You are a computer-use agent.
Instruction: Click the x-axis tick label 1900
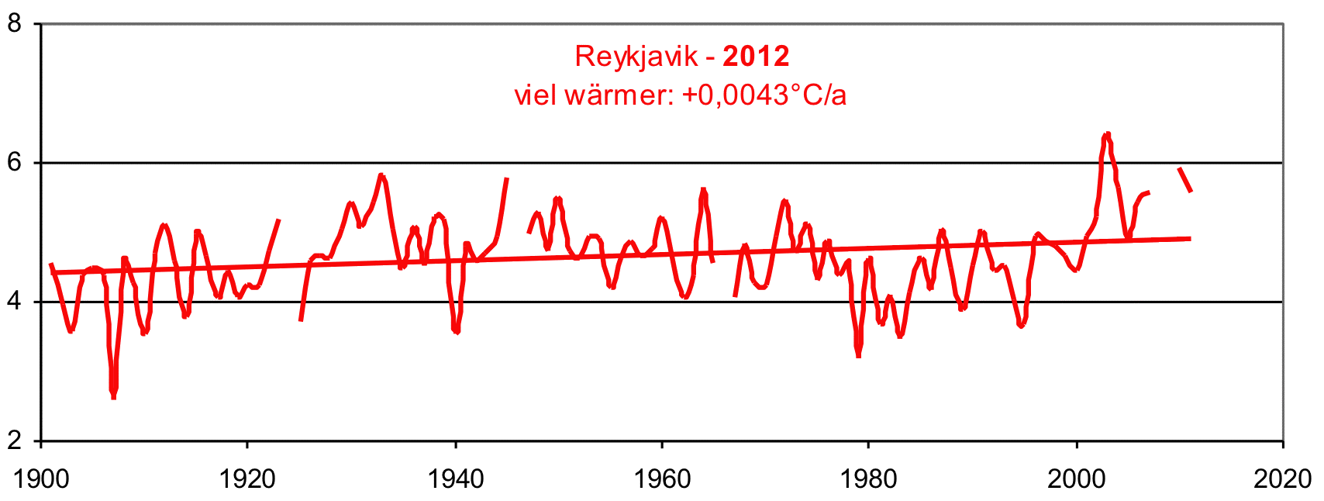41,479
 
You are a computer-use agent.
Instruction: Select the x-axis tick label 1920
247,479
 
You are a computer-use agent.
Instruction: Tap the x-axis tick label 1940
456,479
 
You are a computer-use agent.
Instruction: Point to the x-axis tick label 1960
662,479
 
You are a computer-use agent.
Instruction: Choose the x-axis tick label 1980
869,479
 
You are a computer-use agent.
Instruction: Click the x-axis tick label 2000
1077,479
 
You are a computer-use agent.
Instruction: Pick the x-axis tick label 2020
1283,479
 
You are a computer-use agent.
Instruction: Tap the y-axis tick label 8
13,23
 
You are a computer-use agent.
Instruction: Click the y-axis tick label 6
13,163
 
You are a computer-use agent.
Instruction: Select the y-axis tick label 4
13,302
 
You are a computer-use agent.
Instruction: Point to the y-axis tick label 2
13,441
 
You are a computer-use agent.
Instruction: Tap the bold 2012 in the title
756,57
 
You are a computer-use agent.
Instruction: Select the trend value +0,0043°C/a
764,95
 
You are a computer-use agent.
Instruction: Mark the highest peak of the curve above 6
1107,135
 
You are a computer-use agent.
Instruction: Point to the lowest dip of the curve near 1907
113,396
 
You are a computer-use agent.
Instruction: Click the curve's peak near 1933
381,175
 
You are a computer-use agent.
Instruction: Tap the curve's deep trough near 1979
858,354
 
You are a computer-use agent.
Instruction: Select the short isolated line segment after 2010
1185,179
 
